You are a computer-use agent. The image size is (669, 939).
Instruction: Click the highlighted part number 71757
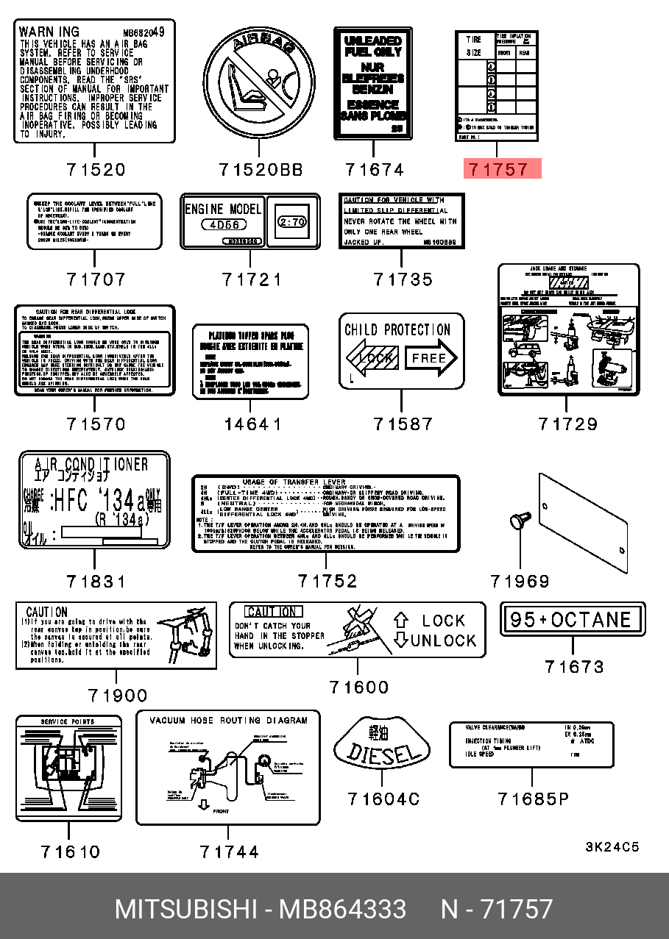point(500,169)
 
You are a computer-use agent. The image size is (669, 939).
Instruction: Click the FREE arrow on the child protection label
point(431,359)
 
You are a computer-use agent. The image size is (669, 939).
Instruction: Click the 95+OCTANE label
point(572,619)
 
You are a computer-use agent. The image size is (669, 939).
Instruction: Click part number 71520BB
point(261,170)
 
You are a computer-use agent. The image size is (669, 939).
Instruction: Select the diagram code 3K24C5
point(612,847)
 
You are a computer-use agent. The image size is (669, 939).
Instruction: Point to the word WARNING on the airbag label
point(49,32)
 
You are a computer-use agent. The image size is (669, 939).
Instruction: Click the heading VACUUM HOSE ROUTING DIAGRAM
point(228,721)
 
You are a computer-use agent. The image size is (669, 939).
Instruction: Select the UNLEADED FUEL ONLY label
point(372,82)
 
